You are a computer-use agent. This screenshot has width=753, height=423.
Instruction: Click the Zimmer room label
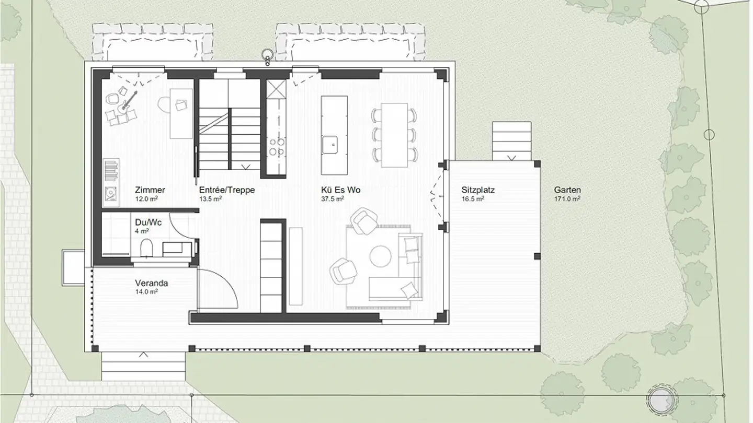click(x=150, y=190)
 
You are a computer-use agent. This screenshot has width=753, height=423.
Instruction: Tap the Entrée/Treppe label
click(x=227, y=190)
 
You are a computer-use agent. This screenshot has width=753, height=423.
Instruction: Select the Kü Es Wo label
click(x=340, y=190)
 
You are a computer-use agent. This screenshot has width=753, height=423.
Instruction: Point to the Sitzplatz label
click(x=478, y=190)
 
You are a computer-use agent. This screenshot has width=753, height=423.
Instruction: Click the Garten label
click(x=567, y=190)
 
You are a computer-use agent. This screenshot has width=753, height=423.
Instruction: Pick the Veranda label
click(x=152, y=283)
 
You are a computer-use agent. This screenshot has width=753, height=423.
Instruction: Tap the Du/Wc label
click(x=149, y=222)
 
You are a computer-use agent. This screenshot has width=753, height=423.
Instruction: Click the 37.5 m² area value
click(x=333, y=199)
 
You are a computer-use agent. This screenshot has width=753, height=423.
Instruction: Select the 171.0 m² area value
click(x=567, y=199)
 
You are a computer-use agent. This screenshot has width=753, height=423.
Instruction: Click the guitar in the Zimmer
click(x=128, y=102)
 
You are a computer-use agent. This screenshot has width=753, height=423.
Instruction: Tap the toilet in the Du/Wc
click(x=146, y=248)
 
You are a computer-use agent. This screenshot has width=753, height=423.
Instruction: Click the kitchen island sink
click(x=330, y=145)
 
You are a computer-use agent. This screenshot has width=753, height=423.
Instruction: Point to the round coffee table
click(x=381, y=256)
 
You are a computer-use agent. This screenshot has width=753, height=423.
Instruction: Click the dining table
click(x=394, y=135)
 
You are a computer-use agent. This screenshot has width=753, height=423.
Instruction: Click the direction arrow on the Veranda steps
click(x=143, y=354)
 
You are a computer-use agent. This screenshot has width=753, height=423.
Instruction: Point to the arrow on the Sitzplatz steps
click(x=511, y=158)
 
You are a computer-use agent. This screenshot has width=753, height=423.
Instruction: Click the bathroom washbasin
click(x=173, y=249)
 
